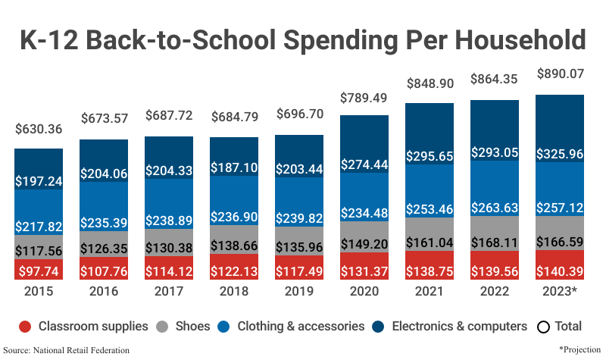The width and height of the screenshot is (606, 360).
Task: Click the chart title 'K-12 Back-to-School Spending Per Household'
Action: tap(303, 39)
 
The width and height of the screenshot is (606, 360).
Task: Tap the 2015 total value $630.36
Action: tap(39, 129)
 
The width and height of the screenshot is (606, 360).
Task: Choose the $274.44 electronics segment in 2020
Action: tap(364, 164)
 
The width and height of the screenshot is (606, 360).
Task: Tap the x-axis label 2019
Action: tap(299, 293)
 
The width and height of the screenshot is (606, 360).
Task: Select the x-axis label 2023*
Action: tap(560, 293)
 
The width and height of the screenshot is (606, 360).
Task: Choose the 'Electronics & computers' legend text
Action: tap(459, 327)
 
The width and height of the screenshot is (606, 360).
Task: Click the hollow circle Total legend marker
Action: tap(542, 327)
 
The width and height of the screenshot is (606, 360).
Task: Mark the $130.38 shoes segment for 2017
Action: tap(169, 247)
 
